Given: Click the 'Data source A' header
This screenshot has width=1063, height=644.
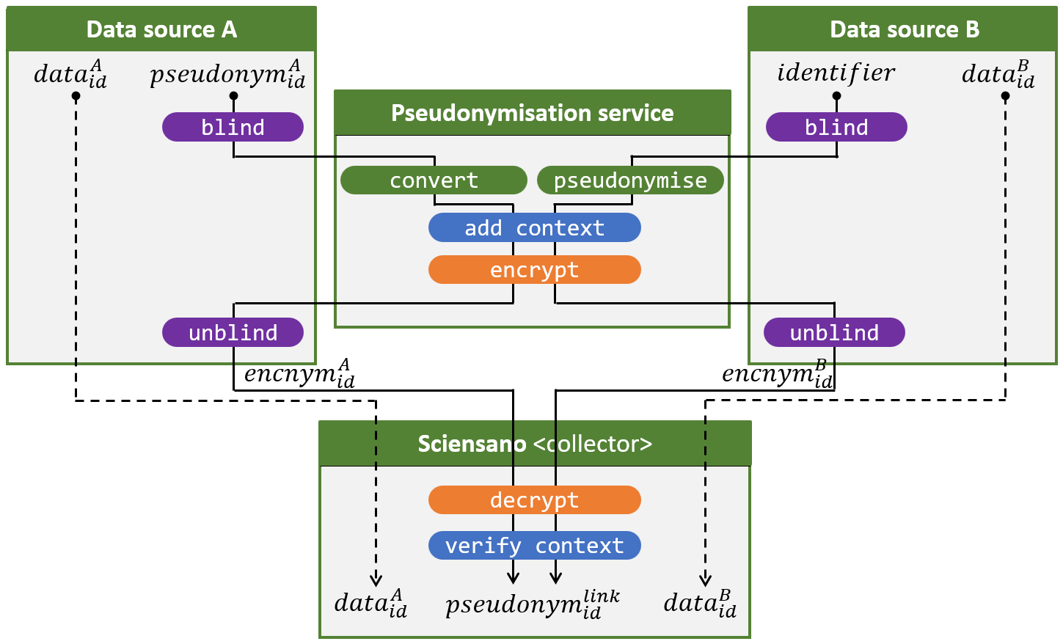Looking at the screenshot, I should click(x=161, y=29).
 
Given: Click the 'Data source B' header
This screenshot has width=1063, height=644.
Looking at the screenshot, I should click(x=904, y=29).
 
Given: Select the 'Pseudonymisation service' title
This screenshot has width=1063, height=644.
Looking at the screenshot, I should click(x=532, y=113).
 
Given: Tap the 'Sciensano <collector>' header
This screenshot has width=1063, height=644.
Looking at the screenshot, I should click(x=535, y=444).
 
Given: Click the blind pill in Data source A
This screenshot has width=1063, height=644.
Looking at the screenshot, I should click(x=233, y=127).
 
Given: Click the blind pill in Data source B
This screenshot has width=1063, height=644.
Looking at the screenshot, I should click(x=836, y=127).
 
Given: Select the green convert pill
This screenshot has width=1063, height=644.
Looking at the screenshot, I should click(x=434, y=180).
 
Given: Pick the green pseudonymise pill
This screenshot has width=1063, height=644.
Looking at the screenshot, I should click(x=630, y=180).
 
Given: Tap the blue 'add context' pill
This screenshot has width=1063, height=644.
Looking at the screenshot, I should click(x=534, y=227).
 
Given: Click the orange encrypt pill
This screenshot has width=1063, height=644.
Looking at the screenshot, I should click(x=534, y=270).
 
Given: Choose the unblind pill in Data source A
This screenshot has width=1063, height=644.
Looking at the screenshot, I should click(x=233, y=332).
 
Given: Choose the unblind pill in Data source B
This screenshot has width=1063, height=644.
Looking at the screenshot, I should click(x=834, y=332).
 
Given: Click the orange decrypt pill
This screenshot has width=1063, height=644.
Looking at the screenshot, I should click(x=534, y=500).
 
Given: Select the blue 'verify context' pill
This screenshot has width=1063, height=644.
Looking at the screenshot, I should click(x=534, y=546).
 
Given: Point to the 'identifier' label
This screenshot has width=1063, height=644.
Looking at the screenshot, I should click(x=836, y=73).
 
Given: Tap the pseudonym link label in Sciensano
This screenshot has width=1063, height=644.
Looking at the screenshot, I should click(x=533, y=604).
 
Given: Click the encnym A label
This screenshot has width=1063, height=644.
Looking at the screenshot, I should click(x=299, y=373).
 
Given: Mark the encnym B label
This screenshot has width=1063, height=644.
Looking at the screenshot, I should click(x=778, y=373).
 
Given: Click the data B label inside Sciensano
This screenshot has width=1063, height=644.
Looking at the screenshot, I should click(x=700, y=603).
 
